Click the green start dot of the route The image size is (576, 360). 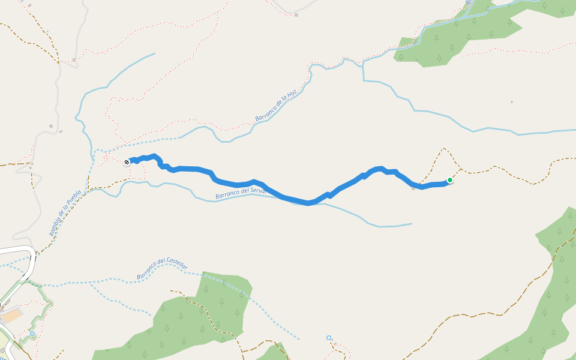[x=449, y=180]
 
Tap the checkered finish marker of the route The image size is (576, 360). [x=127, y=162]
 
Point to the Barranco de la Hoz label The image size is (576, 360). [x=276, y=106]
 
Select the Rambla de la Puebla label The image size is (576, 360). [x=65, y=213]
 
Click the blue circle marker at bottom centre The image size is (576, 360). [x=329, y=338]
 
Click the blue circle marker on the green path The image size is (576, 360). [x=32, y=334]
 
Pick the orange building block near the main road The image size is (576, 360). [x=12, y=315]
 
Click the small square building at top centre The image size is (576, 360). [x=296, y=14]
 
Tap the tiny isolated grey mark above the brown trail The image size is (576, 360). [x=512, y=102]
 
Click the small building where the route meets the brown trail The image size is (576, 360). [x=413, y=188]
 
